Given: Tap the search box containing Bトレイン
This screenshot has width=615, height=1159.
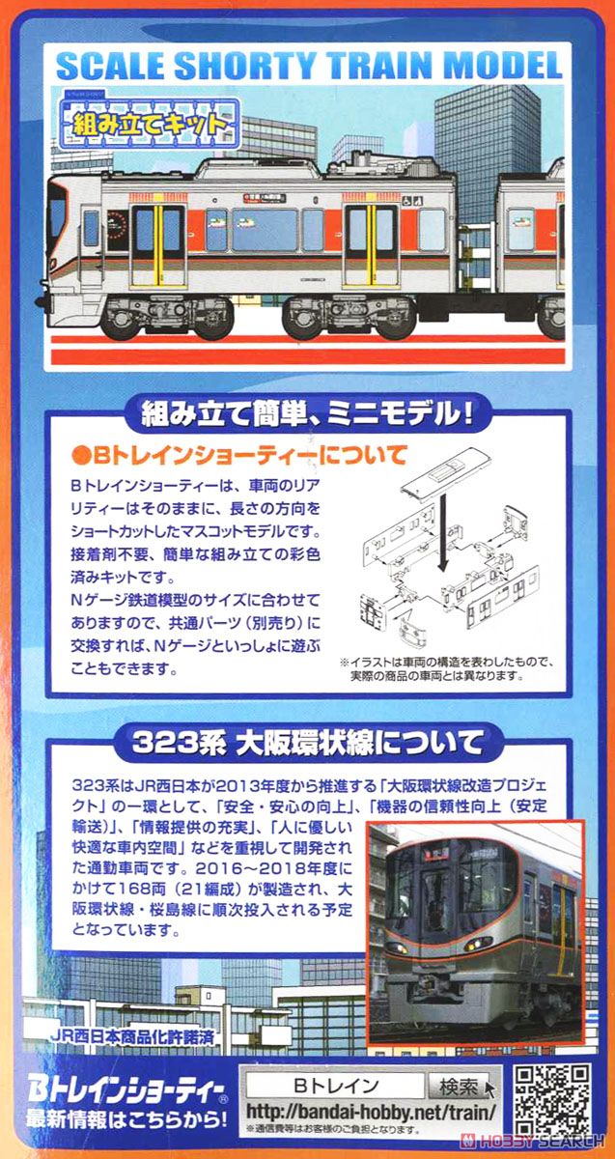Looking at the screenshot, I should click(x=334, y=1086).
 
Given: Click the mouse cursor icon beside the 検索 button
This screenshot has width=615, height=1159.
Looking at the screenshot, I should click(x=491, y=1089).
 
